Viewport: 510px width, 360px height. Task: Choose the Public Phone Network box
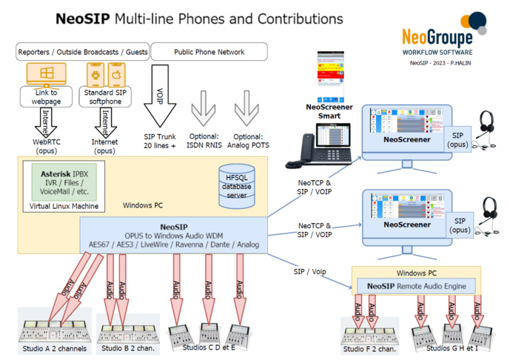coord(209,52)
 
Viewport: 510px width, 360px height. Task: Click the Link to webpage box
coord(46,96)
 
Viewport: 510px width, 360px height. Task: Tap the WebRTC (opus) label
coord(46,145)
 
